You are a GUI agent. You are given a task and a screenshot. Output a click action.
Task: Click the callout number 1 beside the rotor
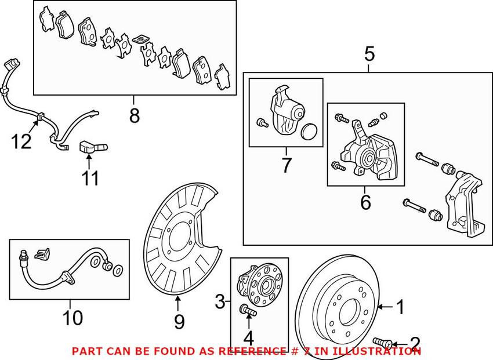pyautogui.click(x=399, y=306)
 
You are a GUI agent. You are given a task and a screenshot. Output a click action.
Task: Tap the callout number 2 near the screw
pyautogui.click(x=415, y=342)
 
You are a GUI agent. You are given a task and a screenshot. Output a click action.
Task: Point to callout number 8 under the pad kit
pyautogui.click(x=135, y=116)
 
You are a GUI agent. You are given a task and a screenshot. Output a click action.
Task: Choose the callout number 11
pyautogui.click(x=90, y=178)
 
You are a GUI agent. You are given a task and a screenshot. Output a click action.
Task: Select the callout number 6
pyautogui.click(x=365, y=202)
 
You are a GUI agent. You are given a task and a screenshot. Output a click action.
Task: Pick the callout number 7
pyautogui.click(x=286, y=165)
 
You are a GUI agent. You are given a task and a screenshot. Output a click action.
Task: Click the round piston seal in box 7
pyautogui.click(x=309, y=132)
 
